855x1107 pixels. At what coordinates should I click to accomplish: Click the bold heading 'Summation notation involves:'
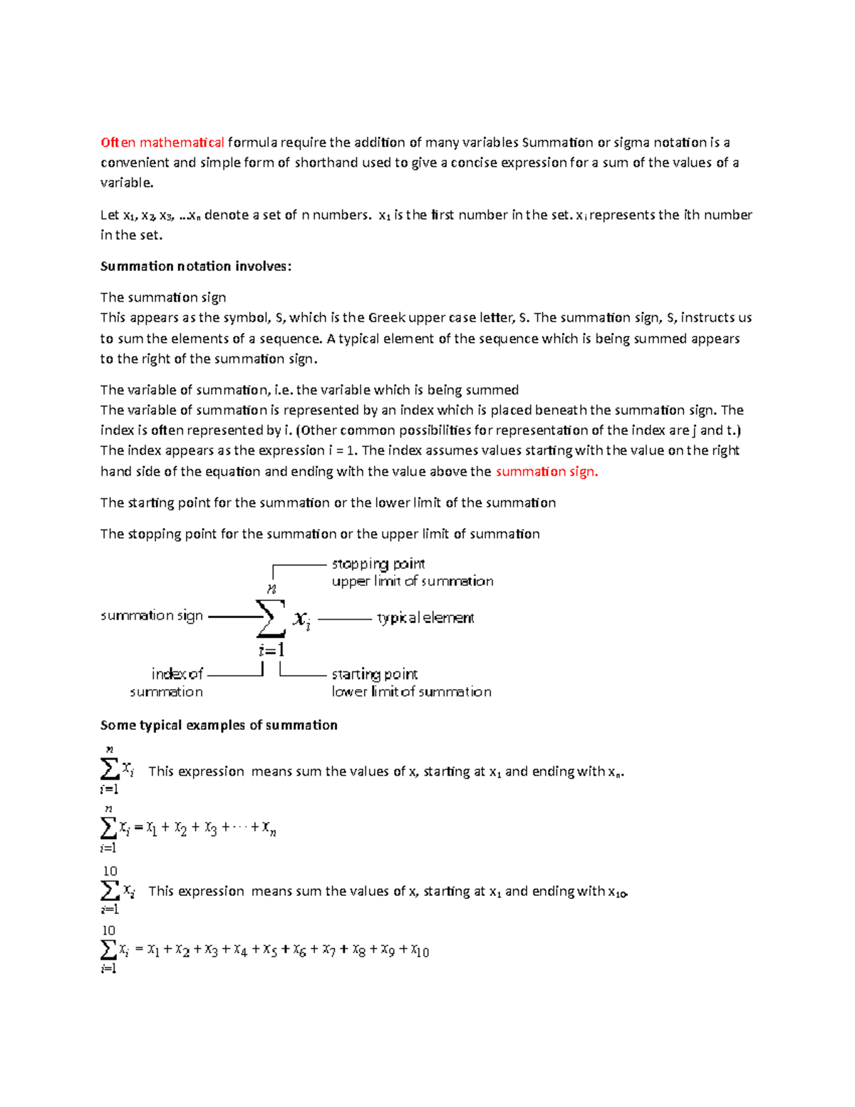coord(196,267)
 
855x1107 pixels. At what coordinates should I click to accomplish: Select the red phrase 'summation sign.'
coord(546,472)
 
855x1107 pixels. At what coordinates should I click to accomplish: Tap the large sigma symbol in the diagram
coord(270,618)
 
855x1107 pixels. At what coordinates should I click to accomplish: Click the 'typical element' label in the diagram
coord(425,618)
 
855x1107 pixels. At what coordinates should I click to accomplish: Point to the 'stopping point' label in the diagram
coord(378,564)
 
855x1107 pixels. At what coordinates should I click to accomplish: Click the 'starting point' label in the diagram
coord(375,674)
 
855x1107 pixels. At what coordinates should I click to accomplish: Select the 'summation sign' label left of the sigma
coord(152,616)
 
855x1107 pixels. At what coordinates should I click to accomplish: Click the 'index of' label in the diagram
coord(177,674)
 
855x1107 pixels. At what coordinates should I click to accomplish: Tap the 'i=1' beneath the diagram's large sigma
coord(271,650)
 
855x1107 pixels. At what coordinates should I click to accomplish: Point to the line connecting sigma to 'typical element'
coord(345,619)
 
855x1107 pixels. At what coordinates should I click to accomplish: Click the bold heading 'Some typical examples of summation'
coord(219,726)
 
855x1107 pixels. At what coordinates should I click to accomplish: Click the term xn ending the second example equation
coord(269,828)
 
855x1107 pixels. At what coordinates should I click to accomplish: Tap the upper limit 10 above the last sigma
coord(108,931)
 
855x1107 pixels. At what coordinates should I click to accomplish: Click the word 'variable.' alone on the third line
coord(127,183)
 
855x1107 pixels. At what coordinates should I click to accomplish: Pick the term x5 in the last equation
coord(270,950)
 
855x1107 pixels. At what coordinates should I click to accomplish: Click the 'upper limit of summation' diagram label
coord(413,582)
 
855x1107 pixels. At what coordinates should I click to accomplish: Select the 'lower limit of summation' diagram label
coord(411,692)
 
